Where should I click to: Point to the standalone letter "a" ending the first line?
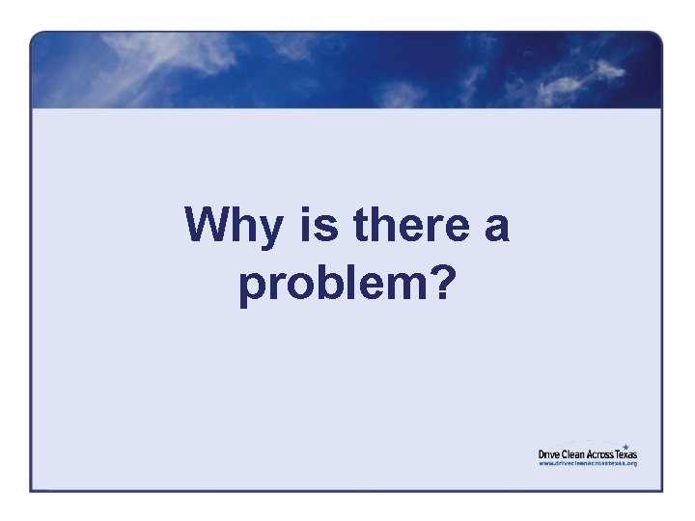[x=495, y=229]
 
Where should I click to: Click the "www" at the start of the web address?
[x=545, y=463]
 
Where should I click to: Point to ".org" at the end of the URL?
[x=631, y=463]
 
